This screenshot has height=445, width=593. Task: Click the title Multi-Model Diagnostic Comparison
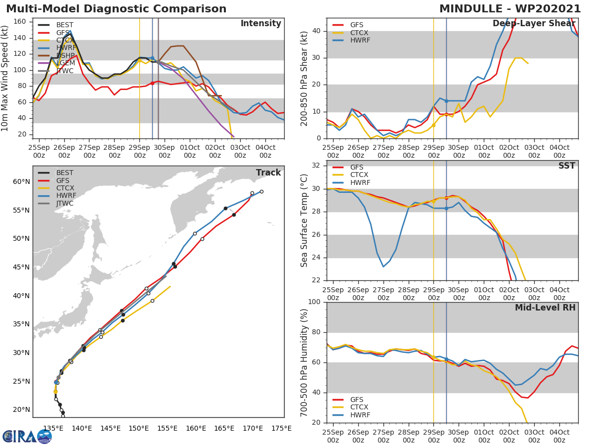[116, 9]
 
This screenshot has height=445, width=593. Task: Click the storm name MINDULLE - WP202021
[510, 9]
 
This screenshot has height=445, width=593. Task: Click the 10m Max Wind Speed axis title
[6, 78]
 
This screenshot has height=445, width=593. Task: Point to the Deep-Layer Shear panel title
[534, 24]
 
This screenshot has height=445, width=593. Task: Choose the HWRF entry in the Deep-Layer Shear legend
[360, 40]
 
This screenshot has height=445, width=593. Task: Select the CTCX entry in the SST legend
[360, 175]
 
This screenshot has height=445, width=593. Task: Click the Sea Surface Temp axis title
[304, 220]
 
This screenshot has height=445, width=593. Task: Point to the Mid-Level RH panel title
[545, 308]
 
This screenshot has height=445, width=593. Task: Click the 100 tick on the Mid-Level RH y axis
[315, 302]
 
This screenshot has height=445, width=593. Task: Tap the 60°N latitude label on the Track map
[21, 181]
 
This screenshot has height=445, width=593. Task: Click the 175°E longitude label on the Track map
[281, 429]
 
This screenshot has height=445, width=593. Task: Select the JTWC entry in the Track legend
[65, 203]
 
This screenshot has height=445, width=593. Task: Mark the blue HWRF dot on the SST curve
[446, 208]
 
